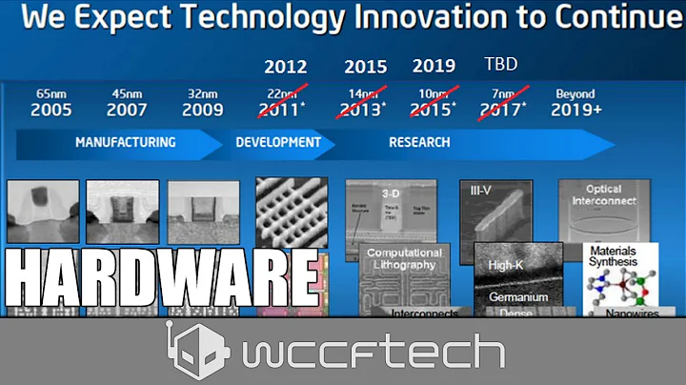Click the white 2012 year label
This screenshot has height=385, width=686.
pos(285,67)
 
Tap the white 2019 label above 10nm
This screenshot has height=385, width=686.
pos(434,67)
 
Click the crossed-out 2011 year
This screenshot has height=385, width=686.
pos(284,111)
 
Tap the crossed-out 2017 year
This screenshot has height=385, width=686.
pos(501,111)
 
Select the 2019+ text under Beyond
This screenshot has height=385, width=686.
pos(575,111)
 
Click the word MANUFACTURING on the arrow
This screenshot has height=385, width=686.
pos(125,143)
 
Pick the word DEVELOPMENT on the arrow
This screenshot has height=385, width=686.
pos(278,143)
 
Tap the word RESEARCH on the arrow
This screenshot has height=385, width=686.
pos(419,143)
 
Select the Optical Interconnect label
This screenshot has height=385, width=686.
pos(596,195)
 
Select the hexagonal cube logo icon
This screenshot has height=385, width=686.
pos(197,351)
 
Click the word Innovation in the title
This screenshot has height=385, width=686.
pos(427,19)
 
